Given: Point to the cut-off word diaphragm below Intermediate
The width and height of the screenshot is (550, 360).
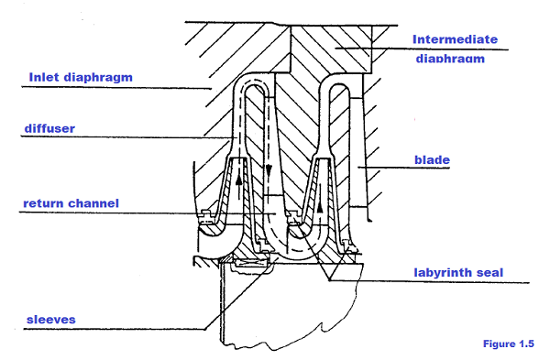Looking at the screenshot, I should click(448, 59).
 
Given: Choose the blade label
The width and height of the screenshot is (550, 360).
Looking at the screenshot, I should click(430, 160).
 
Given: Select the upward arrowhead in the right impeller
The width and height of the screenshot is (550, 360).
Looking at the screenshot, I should click(319, 206).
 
